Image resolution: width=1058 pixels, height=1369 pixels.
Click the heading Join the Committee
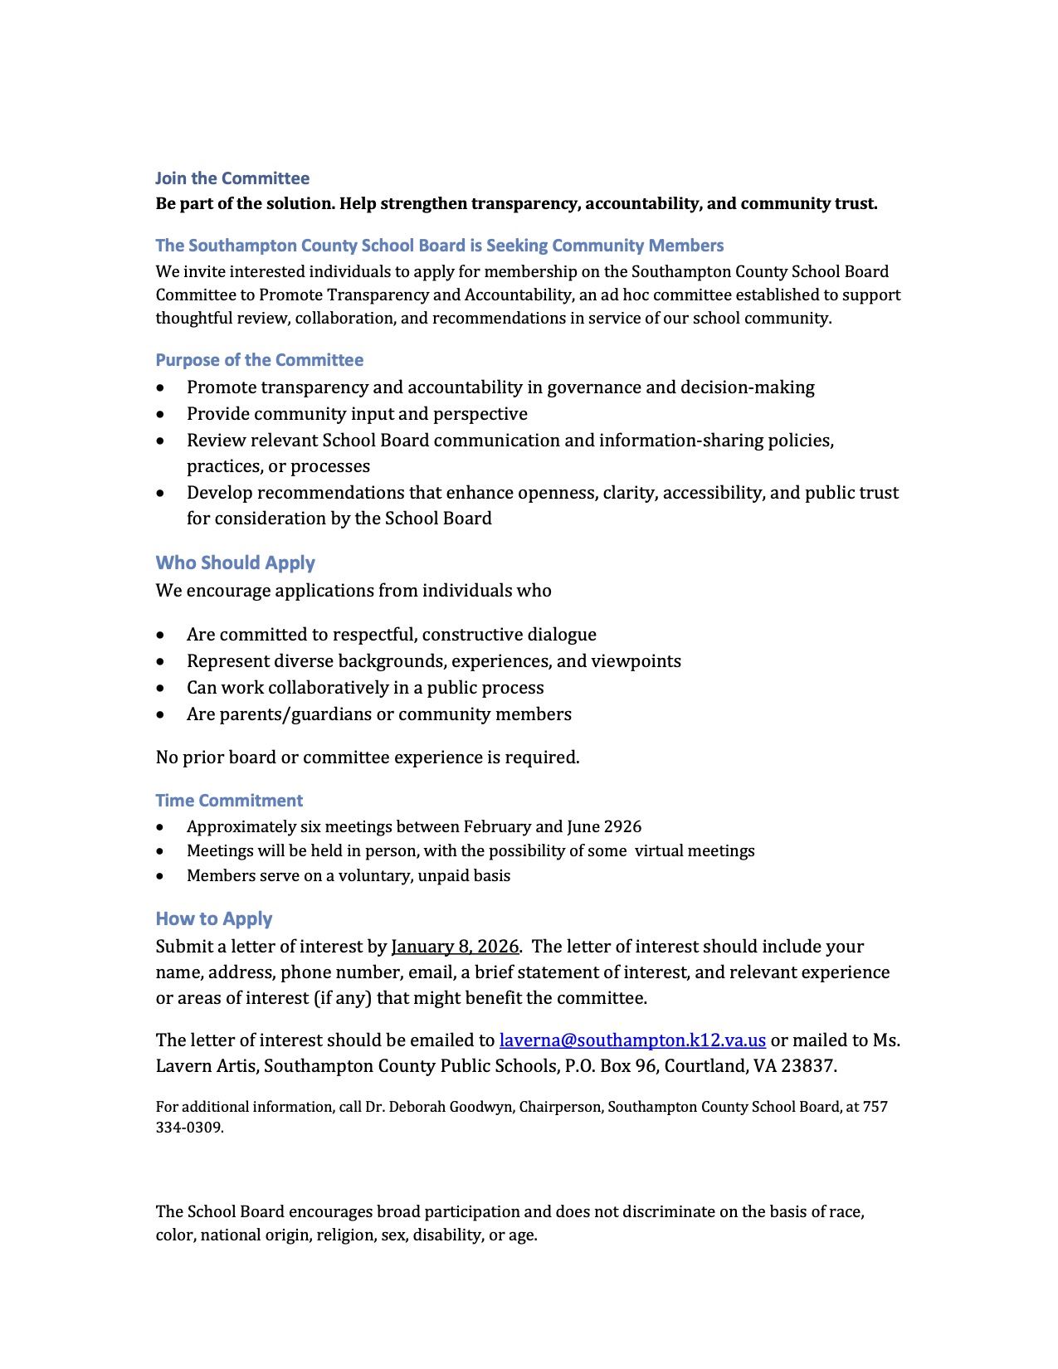tap(232, 178)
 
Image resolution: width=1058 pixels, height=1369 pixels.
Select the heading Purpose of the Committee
tap(259, 360)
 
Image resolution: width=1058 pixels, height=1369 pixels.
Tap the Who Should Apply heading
tap(235, 563)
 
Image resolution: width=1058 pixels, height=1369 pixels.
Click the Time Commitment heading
tap(229, 801)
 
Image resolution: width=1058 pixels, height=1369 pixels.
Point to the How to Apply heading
tap(214, 918)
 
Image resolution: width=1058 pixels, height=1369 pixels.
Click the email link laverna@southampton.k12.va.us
tap(632, 1040)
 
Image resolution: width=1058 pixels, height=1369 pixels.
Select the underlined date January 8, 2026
tap(455, 947)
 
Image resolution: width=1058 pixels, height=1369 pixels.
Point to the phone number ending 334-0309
tap(189, 1128)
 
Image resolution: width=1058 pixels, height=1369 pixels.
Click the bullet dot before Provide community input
tap(160, 414)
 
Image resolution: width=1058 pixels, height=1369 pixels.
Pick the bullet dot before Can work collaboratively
tap(160, 688)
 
